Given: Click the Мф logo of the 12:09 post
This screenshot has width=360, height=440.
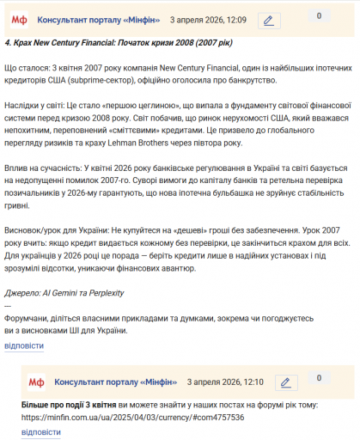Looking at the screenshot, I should pyautogui.click(x=17, y=19).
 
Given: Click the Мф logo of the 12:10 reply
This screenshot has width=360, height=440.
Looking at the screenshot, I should pyautogui.click(x=36, y=382).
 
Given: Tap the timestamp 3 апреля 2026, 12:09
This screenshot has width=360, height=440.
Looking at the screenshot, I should pyautogui.click(x=208, y=19).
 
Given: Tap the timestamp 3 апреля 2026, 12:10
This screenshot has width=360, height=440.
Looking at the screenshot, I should pyautogui.click(x=223, y=382).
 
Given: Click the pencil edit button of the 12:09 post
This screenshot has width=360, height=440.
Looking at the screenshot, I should pyautogui.click(x=268, y=20).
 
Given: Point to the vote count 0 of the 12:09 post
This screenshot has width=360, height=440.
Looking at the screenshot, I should pyautogui.click(x=320, y=15).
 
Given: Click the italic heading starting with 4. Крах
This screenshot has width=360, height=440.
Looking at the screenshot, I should pyautogui.click(x=124, y=41).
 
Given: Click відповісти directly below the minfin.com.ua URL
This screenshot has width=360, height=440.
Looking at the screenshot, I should pyautogui.click(x=40, y=431).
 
